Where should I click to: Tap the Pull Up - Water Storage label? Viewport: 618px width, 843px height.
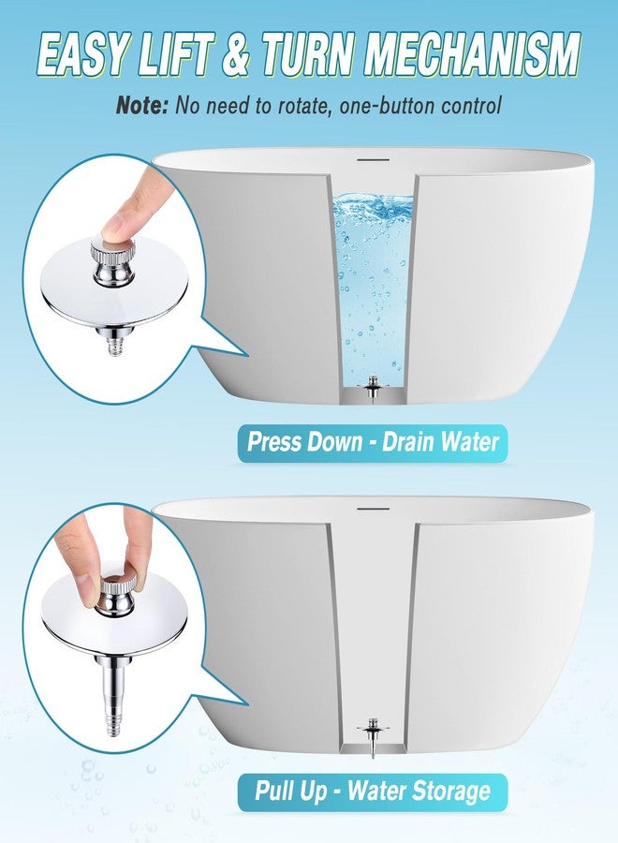coord(372,791)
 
